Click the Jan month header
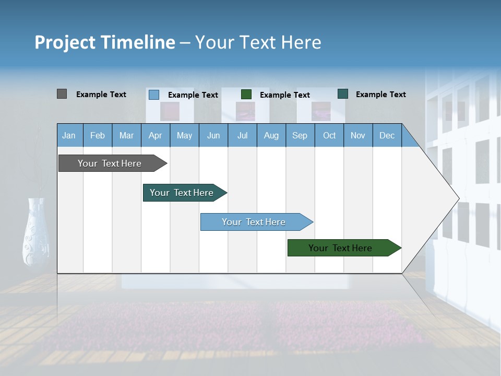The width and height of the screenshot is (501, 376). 69,135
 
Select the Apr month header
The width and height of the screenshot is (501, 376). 156,135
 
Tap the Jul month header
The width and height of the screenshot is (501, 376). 242,135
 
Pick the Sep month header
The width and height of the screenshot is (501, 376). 300,135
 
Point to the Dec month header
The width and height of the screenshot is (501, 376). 387,135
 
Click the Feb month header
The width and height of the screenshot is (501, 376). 98,135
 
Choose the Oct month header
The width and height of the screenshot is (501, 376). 329,135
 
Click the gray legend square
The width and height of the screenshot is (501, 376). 62,94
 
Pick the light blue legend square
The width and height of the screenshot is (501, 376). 153,95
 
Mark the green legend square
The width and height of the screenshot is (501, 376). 246,95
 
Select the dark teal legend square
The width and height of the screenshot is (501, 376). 343,94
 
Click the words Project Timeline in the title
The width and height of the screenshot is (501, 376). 105,42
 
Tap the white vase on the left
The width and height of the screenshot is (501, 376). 36,232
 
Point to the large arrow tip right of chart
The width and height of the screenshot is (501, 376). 444,198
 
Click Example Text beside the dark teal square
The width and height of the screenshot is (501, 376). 380,95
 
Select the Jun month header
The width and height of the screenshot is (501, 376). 213,135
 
